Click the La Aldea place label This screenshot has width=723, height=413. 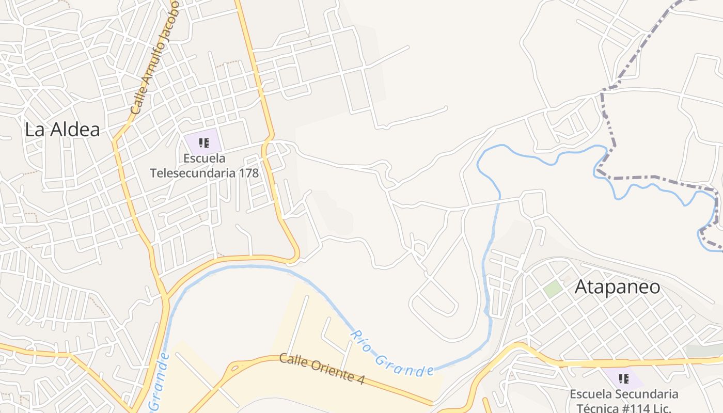pos(62,130)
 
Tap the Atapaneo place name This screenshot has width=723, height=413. pos(617,287)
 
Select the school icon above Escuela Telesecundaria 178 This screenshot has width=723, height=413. pos(203,143)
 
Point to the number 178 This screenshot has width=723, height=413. pos(248,172)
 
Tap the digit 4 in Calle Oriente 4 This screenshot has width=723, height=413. pos(360,379)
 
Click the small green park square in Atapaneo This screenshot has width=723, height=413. pos(553,289)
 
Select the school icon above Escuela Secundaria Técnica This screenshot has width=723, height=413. pos(624,379)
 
